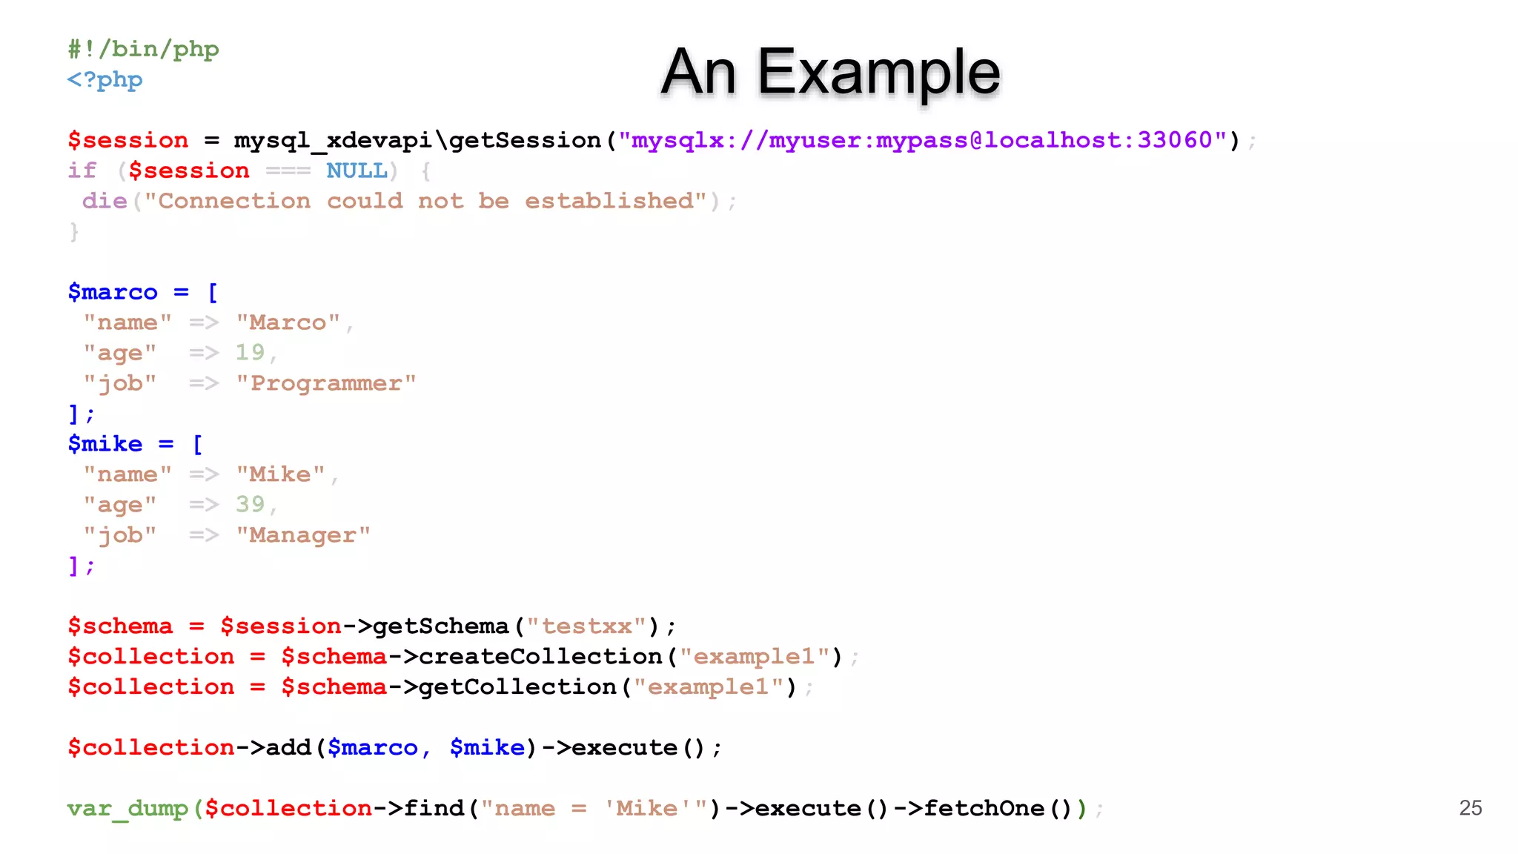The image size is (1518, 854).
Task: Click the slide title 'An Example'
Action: (x=830, y=72)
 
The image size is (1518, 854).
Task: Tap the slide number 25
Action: (x=1470, y=807)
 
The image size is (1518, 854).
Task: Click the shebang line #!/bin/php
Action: (x=143, y=49)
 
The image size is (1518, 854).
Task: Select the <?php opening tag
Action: (x=105, y=79)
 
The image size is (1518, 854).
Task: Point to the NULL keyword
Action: (x=357, y=171)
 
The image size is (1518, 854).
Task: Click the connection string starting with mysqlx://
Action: (x=921, y=140)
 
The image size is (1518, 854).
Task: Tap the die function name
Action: (x=105, y=201)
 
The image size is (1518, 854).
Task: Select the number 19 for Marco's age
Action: (x=250, y=352)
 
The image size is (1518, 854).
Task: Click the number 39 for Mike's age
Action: (x=250, y=504)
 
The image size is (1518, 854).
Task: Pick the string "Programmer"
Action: (x=326, y=383)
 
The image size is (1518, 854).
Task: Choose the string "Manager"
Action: (x=303, y=535)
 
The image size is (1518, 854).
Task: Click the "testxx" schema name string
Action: (x=586, y=626)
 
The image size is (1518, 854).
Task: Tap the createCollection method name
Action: (x=540, y=657)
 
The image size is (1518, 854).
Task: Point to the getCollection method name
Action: (x=517, y=687)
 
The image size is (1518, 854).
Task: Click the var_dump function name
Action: (x=127, y=808)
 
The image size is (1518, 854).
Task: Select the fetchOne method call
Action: (x=984, y=808)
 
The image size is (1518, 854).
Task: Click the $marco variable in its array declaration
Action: (x=113, y=292)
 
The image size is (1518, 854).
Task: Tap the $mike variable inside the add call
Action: (x=487, y=747)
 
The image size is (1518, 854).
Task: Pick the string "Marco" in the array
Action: (x=288, y=322)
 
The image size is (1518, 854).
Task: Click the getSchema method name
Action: (x=441, y=626)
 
